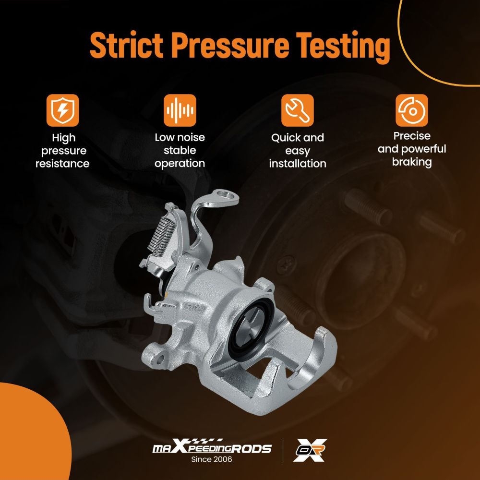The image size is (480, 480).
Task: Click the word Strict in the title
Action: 126,45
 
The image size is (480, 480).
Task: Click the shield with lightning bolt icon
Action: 63,110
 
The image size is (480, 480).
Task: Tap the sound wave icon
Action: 180,110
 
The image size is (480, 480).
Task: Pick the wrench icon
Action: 297,110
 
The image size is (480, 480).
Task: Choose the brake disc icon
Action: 412,110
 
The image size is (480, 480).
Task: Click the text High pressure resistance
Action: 62,151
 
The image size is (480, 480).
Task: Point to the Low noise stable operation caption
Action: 180,150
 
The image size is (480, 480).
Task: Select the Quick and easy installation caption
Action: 298,151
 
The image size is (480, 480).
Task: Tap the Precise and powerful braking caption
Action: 412,149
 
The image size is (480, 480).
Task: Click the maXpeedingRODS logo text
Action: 212,446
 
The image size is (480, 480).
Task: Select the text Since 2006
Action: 212,459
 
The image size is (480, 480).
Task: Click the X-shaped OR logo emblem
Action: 310,450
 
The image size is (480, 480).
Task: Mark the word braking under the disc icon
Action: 412,162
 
